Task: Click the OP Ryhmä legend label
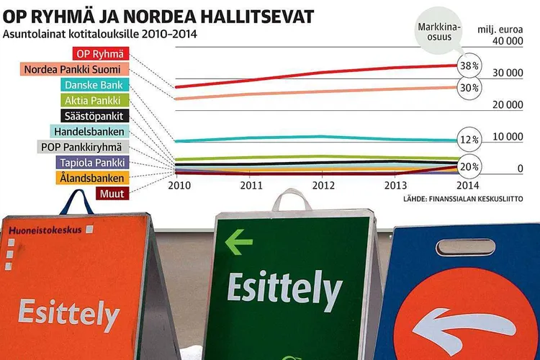(x=100, y=54)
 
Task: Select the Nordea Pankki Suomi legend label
(x=76, y=70)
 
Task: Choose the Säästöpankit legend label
(x=92, y=116)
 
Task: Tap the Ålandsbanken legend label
(x=91, y=178)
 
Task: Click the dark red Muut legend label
(x=112, y=194)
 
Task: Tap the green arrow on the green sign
(x=239, y=242)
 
